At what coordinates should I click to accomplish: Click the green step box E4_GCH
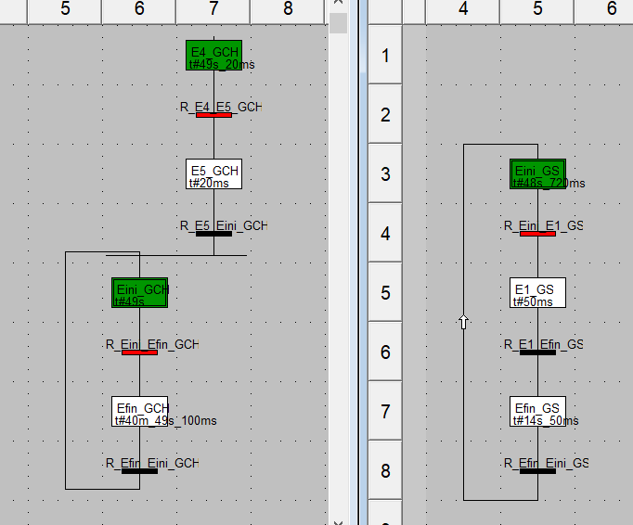click(213, 55)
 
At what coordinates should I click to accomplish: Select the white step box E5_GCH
click(213, 173)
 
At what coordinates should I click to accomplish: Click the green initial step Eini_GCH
click(139, 292)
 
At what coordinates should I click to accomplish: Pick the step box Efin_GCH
click(139, 410)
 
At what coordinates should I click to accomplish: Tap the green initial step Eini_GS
click(537, 173)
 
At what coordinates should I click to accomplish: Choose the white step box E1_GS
click(537, 292)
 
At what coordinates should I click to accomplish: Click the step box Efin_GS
click(537, 410)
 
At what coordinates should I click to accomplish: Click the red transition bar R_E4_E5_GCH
click(213, 115)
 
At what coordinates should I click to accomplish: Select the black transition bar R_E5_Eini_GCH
click(213, 234)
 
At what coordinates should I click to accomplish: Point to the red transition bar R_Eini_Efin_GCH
click(139, 352)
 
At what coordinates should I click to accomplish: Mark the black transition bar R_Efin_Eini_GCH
click(139, 471)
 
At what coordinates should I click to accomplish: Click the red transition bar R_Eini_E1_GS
click(537, 234)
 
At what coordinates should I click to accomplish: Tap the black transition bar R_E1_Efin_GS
click(537, 352)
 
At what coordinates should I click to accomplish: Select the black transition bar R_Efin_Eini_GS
click(537, 471)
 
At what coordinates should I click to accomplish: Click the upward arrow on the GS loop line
click(463, 322)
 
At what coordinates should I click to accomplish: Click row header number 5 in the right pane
click(385, 292)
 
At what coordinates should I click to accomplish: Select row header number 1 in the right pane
click(385, 55)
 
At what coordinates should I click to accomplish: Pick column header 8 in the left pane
click(288, 9)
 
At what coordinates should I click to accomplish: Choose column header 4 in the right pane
click(463, 9)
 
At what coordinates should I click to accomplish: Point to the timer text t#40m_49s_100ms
click(164, 421)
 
